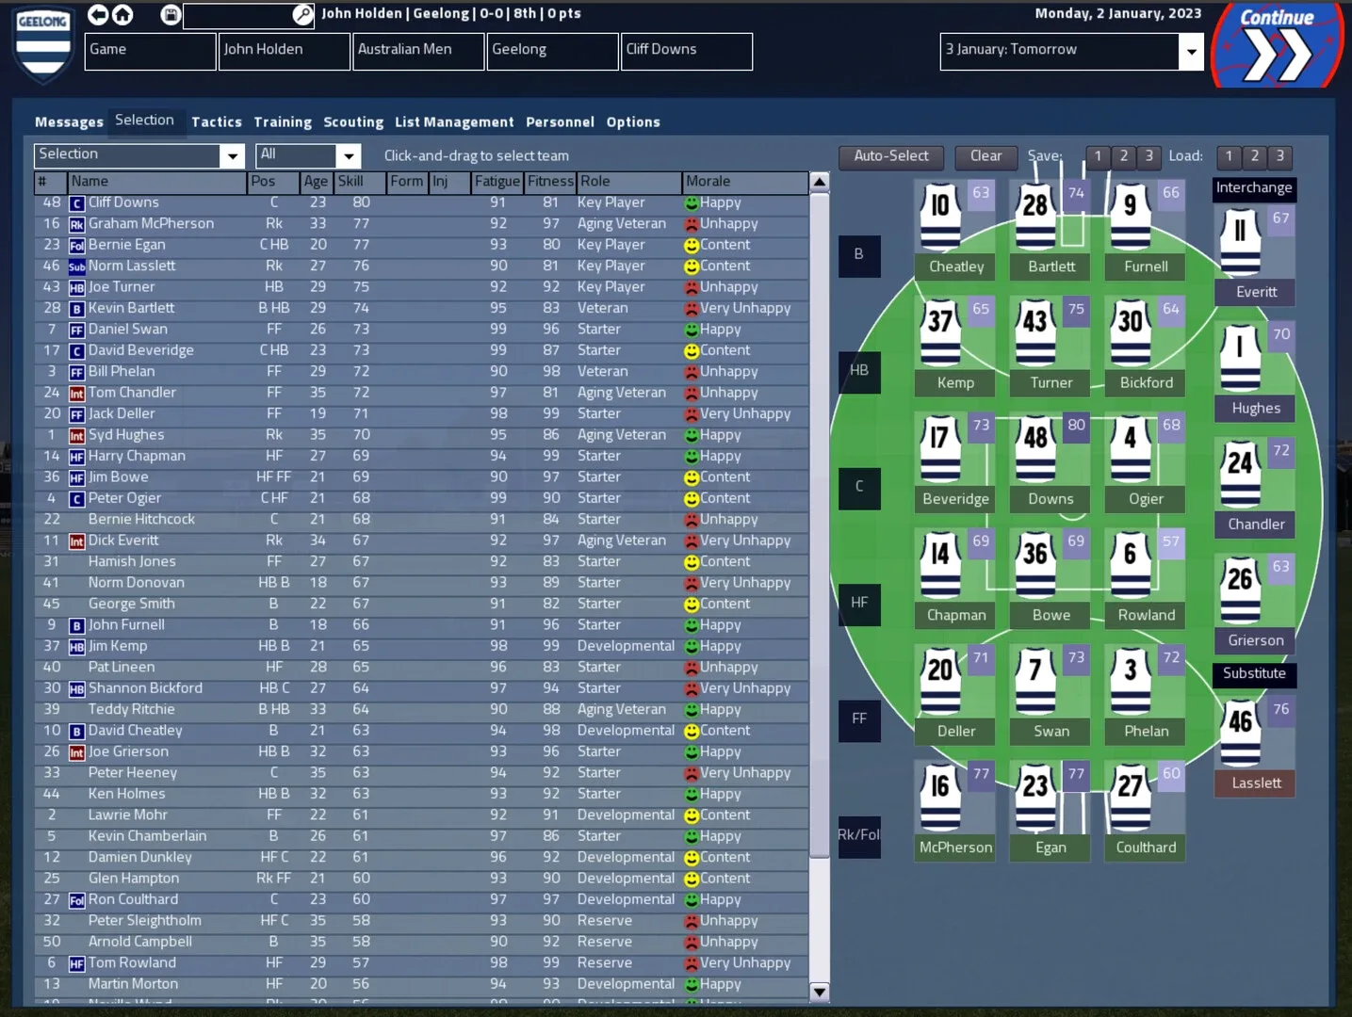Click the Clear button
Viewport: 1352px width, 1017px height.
[x=985, y=156]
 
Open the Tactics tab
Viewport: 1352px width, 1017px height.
[x=217, y=121]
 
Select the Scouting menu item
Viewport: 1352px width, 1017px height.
[x=353, y=121]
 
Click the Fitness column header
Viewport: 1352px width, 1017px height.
[x=550, y=181]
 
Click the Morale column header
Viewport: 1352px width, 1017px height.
[x=709, y=181]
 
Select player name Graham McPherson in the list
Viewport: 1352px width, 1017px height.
[x=151, y=223]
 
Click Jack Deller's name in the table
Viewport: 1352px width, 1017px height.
[x=122, y=413]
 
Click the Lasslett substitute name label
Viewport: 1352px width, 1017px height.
[x=1256, y=783]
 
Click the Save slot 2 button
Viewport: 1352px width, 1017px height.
[x=1123, y=156]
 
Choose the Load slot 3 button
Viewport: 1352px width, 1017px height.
[x=1279, y=156]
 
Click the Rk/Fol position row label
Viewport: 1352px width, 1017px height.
[x=858, y=835]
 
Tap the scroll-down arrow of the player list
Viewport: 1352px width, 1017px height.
[x=819, y=991]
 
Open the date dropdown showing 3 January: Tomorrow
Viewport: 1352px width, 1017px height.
[x=1191, y=51]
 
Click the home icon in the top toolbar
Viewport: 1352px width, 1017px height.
[x=122, y=14]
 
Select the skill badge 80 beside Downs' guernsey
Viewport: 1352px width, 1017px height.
[x=1076, y=425]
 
